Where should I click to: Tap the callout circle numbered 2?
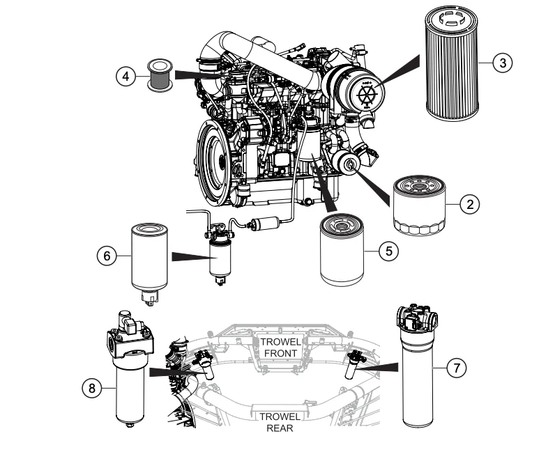click(x=471, y=204)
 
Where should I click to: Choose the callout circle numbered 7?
click(x=456, y=369)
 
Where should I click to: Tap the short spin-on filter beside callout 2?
click(x=418, y=205)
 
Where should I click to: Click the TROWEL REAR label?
click(x=278, y=422)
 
